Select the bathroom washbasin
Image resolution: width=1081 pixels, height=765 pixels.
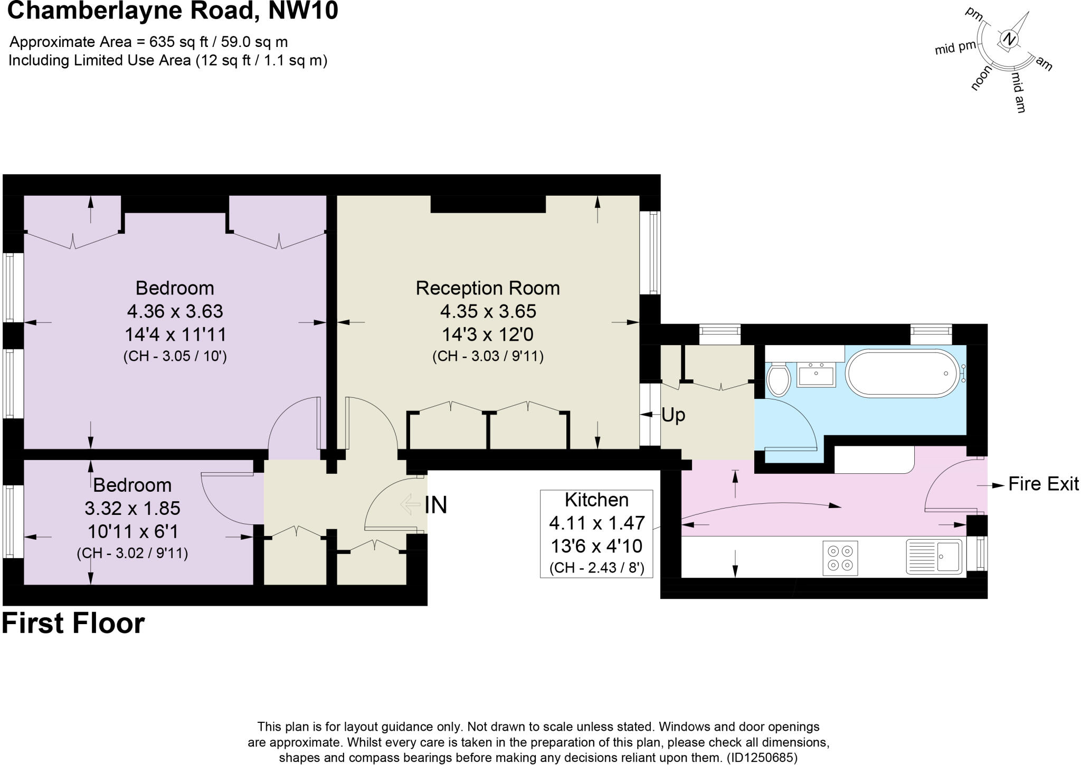click(816, 374)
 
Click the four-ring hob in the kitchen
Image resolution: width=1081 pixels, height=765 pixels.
click(840, 558)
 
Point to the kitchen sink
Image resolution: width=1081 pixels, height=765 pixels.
click(934, 556)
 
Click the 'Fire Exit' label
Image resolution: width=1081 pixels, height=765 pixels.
click(1043, 484)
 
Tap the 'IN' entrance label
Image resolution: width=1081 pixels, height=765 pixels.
click(436, 505)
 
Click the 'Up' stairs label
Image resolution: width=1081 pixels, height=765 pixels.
click(673, 415)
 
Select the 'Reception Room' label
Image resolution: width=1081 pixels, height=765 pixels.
click(488, 288)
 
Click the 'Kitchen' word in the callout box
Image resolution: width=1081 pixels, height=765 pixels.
click(596, 500)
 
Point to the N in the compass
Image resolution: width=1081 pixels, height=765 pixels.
click(1009, 39)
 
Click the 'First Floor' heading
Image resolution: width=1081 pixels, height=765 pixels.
click(73, 624)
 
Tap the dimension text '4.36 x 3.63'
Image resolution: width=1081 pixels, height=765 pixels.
click(175, 311)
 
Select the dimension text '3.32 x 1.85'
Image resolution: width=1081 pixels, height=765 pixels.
click(132, 508)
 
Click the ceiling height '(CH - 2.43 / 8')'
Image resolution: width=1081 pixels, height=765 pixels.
click(596, 568)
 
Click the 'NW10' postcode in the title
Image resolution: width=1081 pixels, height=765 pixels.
click(304, 11)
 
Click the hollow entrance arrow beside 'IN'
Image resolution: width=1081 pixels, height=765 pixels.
click(410, 504)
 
